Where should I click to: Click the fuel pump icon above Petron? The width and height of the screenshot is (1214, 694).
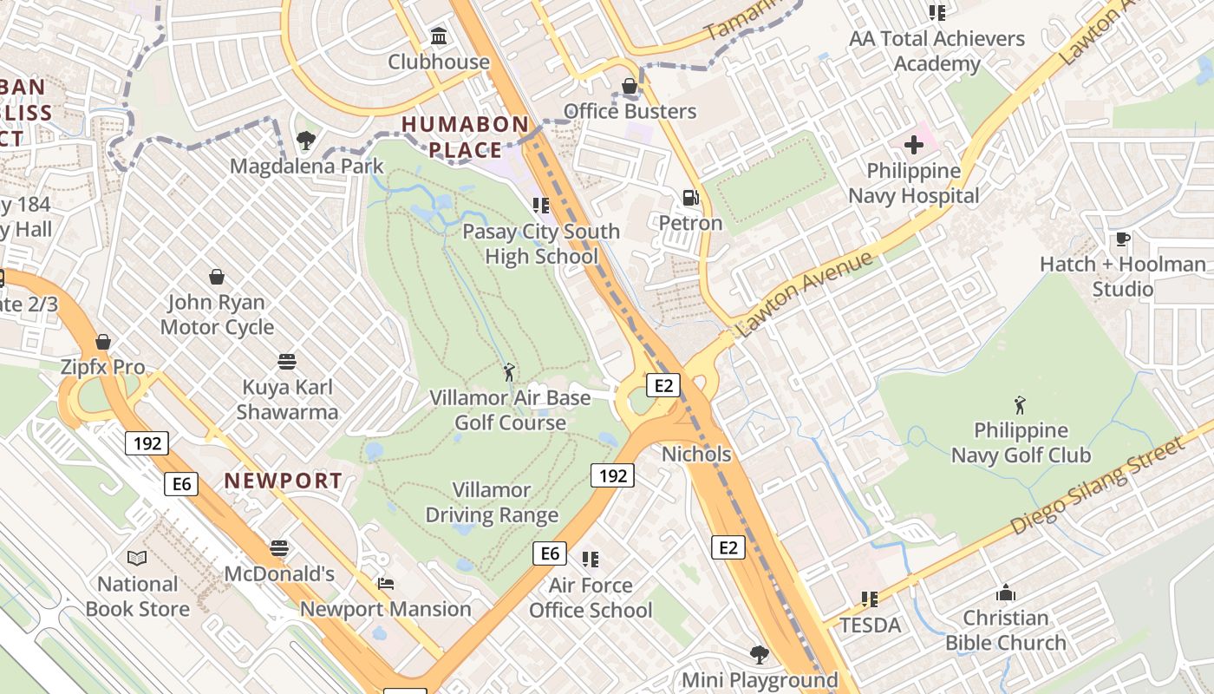[690, 198]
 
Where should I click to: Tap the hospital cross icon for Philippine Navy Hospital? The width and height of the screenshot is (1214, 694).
[914, 145]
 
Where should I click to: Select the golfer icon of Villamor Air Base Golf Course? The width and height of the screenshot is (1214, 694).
[509, 373]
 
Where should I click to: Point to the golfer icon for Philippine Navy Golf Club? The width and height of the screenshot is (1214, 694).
[1020, 405]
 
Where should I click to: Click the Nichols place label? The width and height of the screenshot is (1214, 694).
[696, 454]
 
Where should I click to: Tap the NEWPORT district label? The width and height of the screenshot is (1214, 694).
[284, 480]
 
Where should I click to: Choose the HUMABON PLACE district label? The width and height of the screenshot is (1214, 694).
[465, 137]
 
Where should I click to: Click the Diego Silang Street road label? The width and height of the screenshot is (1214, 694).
[1096, 487]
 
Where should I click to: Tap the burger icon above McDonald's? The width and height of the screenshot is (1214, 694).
[278, 548]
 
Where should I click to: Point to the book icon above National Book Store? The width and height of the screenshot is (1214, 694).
[137, 559]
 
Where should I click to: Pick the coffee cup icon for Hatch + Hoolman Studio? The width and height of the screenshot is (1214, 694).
[1122, 239]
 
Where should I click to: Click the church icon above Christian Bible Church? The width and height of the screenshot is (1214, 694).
[1006, 593]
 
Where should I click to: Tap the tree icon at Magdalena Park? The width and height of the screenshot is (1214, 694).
[305, 140]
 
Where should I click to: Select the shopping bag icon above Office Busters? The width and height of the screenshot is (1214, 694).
[630, 86]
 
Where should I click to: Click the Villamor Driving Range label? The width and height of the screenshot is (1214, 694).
[492, 502]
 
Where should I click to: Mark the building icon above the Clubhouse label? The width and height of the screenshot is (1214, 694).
[439, 37]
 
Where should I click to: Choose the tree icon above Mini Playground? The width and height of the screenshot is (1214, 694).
[760, 654]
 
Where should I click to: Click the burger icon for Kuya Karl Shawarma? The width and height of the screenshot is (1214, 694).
[287, 361]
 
